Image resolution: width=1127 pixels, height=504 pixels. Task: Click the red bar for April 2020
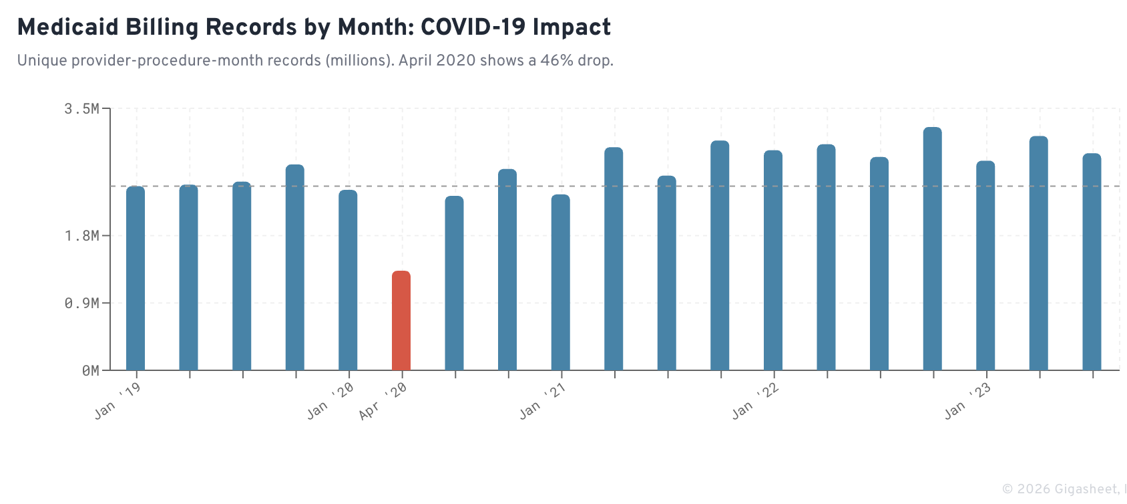(401, 321)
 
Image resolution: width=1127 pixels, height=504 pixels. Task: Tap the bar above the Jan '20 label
(348, 280)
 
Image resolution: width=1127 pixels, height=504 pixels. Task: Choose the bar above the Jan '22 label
(773, 261)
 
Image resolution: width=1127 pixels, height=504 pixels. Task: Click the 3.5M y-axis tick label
(81, 109)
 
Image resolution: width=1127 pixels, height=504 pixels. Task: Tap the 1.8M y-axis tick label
(81, 236)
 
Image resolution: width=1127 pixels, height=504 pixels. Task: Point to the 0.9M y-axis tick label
(81, 303)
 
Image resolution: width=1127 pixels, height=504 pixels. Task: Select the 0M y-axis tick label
(90, 371)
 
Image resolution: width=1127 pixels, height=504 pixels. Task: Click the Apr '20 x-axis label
(383, 402)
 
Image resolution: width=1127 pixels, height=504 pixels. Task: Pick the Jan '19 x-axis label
(118, 401)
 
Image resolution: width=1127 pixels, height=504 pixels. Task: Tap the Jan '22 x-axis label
(755, 401)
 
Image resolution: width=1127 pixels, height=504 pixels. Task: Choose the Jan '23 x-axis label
(967, 401)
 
